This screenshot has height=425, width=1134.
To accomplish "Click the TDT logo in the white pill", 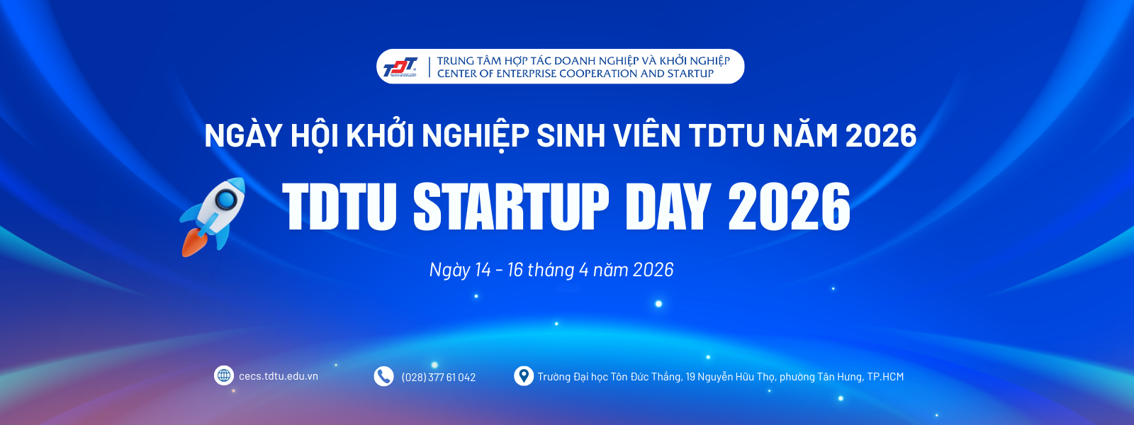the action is pos(400,67).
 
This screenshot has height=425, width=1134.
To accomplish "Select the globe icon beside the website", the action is pos(224,375).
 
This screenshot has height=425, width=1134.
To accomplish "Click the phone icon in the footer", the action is pos(383,376).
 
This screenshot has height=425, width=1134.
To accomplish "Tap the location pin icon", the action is pos(524,376).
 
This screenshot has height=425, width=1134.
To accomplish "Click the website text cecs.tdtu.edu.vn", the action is pos(279,376).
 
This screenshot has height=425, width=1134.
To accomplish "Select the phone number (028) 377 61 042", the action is pos(439,378).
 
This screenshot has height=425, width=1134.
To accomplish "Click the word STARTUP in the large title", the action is pos(511,207).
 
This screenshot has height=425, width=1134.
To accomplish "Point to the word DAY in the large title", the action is pos(668,207).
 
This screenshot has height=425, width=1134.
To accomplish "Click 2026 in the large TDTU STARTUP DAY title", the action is pos(790,207).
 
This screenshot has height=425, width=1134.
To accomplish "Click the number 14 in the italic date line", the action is pos(483,270).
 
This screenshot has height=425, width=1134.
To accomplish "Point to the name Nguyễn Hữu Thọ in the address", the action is pos(736,377).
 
